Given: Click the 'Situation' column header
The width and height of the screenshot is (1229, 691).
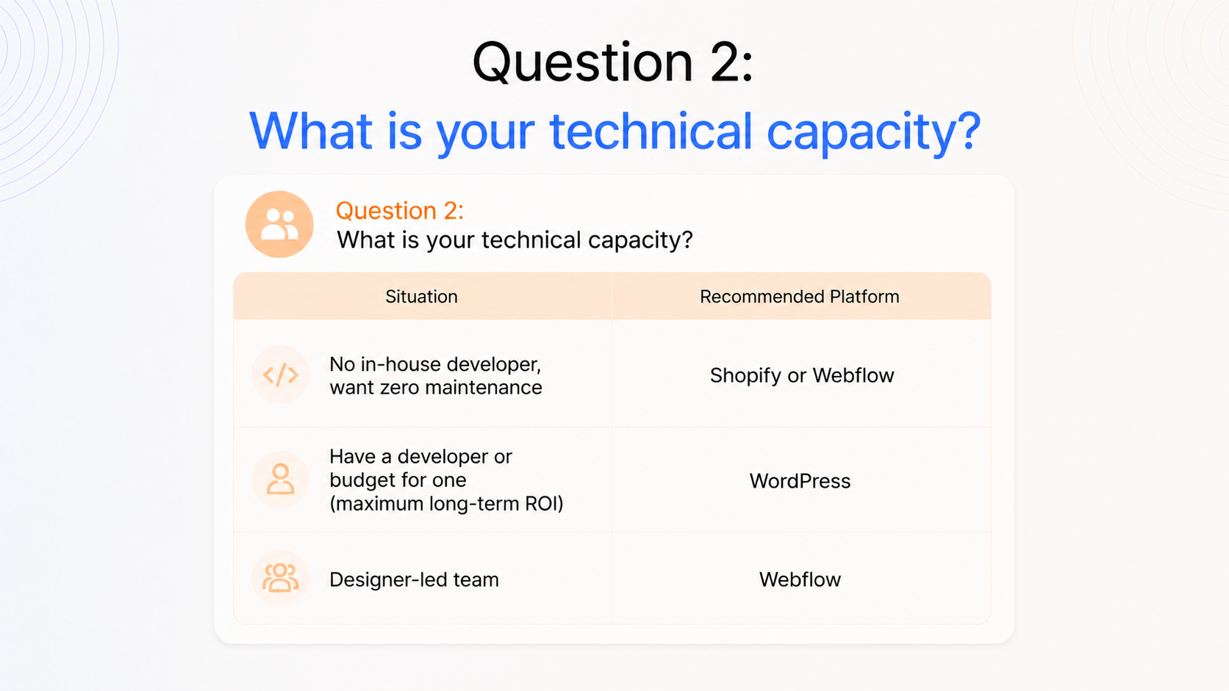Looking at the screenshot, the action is coord(421,297).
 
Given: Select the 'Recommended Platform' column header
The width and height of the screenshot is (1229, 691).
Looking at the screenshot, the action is coord(800,297).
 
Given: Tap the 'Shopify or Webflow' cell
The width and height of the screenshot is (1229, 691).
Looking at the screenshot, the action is coord(802,375).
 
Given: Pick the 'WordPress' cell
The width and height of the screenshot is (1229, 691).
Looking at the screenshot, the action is coord(800,480).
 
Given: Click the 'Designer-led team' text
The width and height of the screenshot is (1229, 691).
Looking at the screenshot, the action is coord(415,579).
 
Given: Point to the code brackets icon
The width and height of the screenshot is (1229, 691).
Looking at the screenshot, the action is coord(280,375).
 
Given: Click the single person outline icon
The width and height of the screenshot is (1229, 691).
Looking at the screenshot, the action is coord(280,479).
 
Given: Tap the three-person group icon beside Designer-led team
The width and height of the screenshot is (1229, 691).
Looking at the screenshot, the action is coord(280,578).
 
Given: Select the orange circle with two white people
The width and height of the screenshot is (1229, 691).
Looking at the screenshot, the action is coord(279,224).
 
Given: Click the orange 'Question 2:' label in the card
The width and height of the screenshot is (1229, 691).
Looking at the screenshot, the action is coord(399,211).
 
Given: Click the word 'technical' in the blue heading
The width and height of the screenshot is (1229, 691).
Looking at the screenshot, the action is coord(651,131).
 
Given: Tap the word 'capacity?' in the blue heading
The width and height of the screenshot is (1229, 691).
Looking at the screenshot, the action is coord(873,134).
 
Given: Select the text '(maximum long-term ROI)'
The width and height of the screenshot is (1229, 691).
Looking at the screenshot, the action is coord(446,504).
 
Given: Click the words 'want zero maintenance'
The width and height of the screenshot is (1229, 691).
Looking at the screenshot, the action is coord(436,388).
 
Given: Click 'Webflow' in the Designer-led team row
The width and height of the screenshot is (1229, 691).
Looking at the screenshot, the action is coord(800,579).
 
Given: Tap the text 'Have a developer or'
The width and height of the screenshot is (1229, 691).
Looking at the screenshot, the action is coord(421,457).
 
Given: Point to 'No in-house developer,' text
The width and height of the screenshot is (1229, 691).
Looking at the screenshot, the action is coord(435,364).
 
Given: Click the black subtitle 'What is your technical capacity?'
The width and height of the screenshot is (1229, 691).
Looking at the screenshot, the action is coord(515,240).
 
